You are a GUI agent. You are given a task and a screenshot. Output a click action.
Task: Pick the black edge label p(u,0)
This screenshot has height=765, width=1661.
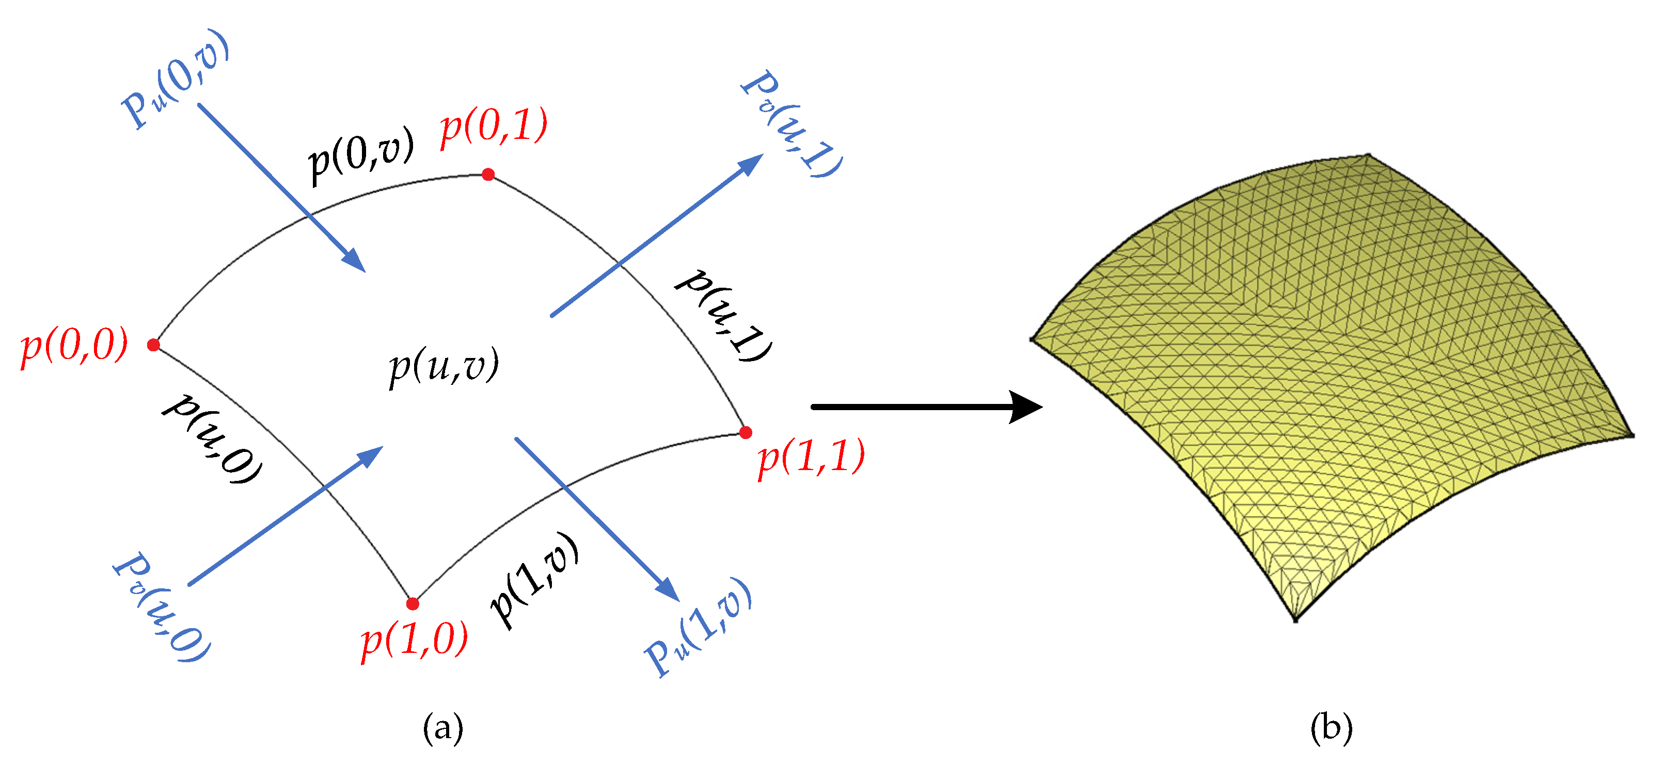pos(213,439)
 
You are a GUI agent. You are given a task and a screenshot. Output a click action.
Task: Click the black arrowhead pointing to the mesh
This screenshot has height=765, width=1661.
pos(1025,407)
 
